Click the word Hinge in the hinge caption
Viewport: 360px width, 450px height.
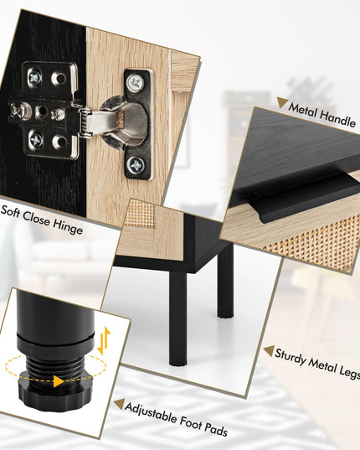[68, 228]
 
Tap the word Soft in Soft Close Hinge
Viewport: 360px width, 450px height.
[10, 211]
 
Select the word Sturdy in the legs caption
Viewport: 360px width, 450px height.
[291, 357]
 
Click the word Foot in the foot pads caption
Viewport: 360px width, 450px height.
[191, 423]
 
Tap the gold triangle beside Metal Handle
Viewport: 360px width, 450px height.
[282, 102]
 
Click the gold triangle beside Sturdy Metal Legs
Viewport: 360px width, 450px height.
[270, 351]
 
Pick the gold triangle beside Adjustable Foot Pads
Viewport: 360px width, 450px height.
[119, 404]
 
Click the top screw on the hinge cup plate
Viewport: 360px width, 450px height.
[135, 82]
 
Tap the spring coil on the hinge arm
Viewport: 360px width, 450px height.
[85, 123]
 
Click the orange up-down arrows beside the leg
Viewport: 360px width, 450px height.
[104, 341]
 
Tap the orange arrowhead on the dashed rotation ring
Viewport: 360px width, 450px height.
[59, 381]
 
